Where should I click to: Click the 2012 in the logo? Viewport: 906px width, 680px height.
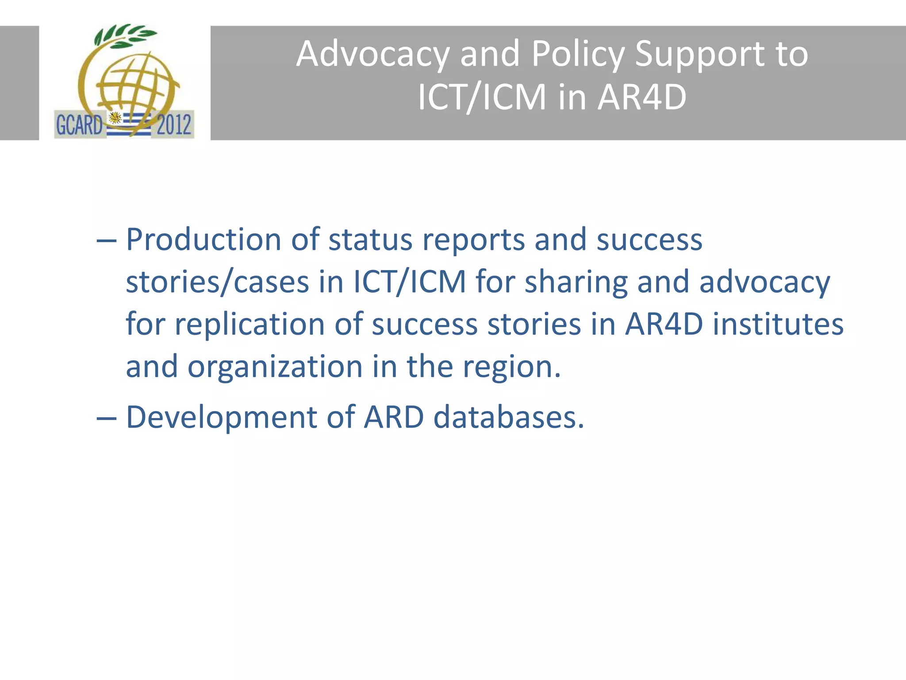click(x=173, y=125)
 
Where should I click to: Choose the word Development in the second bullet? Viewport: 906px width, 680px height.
click(x=221, y=417)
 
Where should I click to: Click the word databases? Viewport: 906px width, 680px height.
click(x=508, y=417)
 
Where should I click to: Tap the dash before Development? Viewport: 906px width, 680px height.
click(x=106, y=418)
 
